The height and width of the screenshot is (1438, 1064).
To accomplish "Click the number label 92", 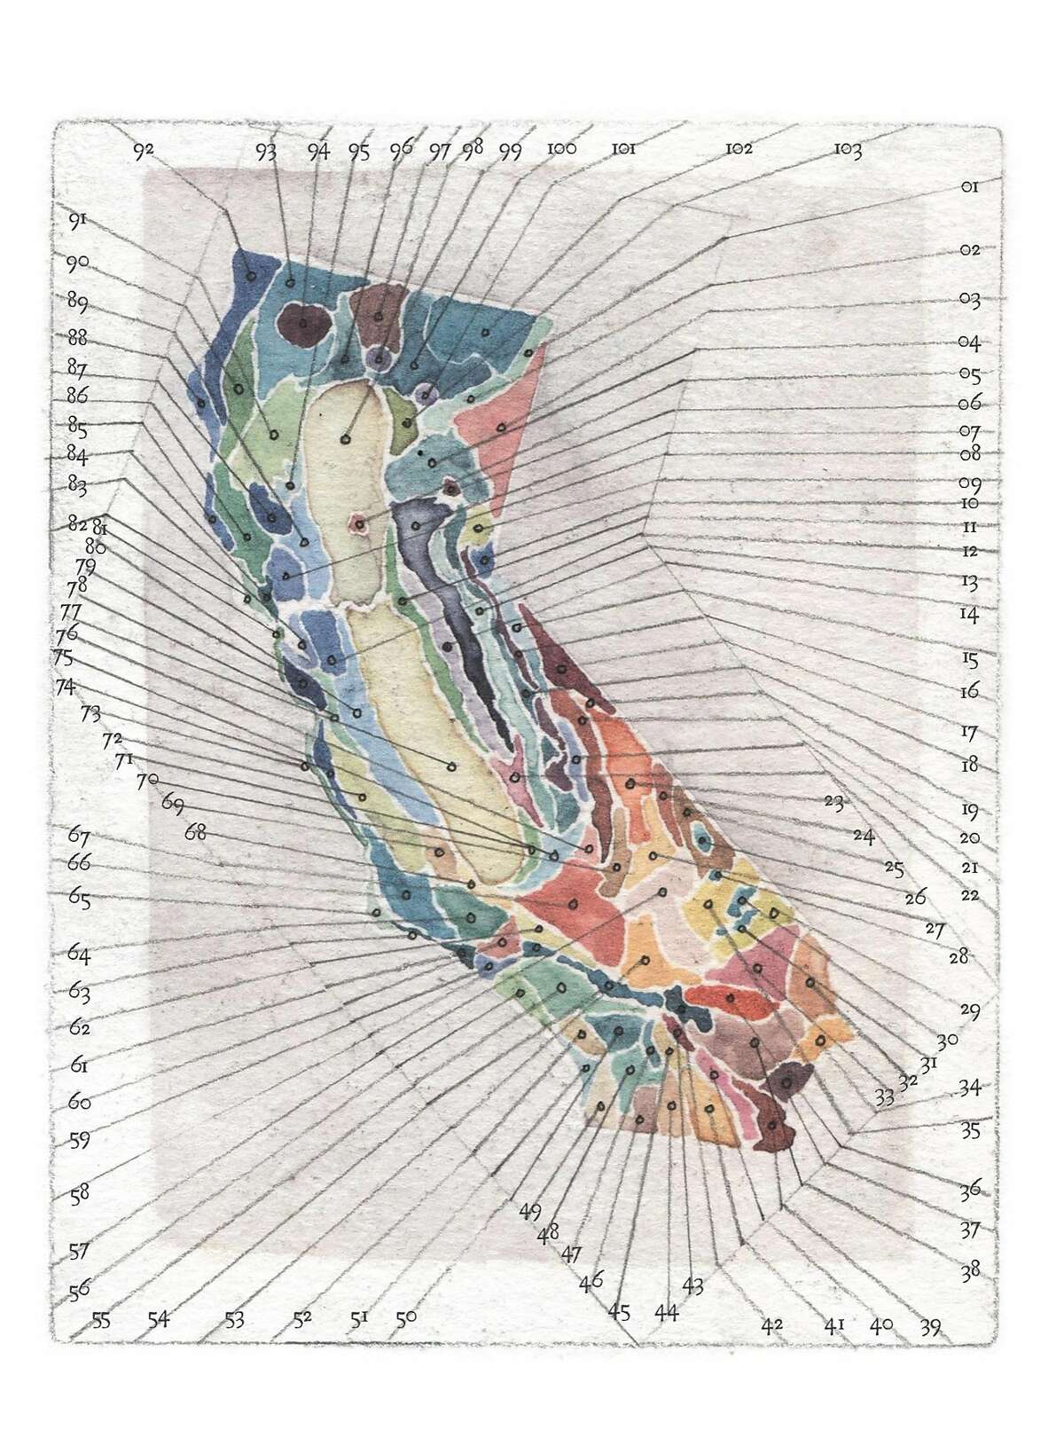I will [x=144, y=151].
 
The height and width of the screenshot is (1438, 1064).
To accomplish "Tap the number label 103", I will [x=848, y=151].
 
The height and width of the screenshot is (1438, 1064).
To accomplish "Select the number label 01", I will [x=968, y=187].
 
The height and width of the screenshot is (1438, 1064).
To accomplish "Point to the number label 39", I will [x=930, y=1327].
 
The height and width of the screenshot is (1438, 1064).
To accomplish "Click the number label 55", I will [x=102, y=1320].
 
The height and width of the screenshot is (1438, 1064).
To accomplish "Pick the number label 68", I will [x=195, y=832].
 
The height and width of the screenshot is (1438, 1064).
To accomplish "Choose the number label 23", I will [x=833, y=802].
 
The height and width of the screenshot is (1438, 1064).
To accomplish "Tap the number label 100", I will [x=561, y=149].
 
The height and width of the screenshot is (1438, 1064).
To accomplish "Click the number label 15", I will [x=969, y=660].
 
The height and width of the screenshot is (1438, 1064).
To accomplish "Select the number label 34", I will [x=970, y=1087].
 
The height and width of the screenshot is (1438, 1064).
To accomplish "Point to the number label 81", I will [x=100, y=529].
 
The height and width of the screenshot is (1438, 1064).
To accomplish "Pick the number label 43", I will [x=692, y=1285].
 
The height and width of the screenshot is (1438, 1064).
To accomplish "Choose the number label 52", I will [x=302, y=1319].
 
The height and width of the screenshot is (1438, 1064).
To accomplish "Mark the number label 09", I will [x=969, y=484].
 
